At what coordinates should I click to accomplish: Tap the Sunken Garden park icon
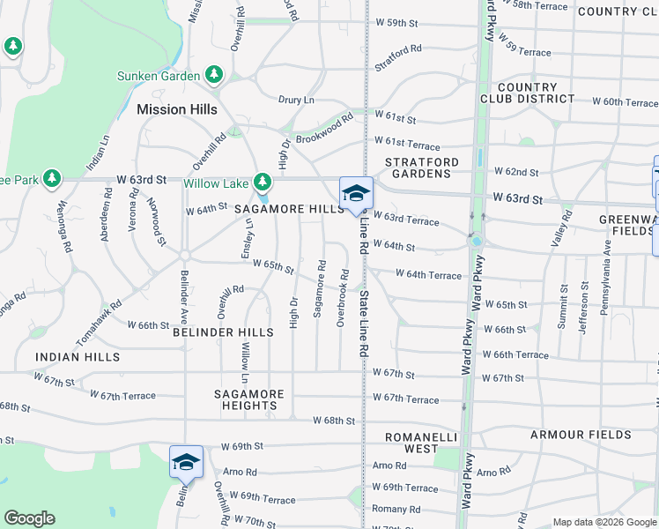pos(213,76)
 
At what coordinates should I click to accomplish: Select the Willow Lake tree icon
pos(262,183)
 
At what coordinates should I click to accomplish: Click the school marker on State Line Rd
pos(357,193)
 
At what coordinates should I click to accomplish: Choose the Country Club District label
pos(527,93)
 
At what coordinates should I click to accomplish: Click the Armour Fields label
pos(581,435)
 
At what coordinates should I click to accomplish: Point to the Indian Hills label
pos(78,356)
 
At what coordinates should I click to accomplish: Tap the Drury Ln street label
pos(296,100)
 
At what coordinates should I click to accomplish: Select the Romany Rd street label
pos(396,509)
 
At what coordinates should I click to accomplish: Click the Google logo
pos(29,518)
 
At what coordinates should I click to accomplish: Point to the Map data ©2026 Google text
pos(604,522)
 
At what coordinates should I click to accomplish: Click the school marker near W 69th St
pos(186,462)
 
